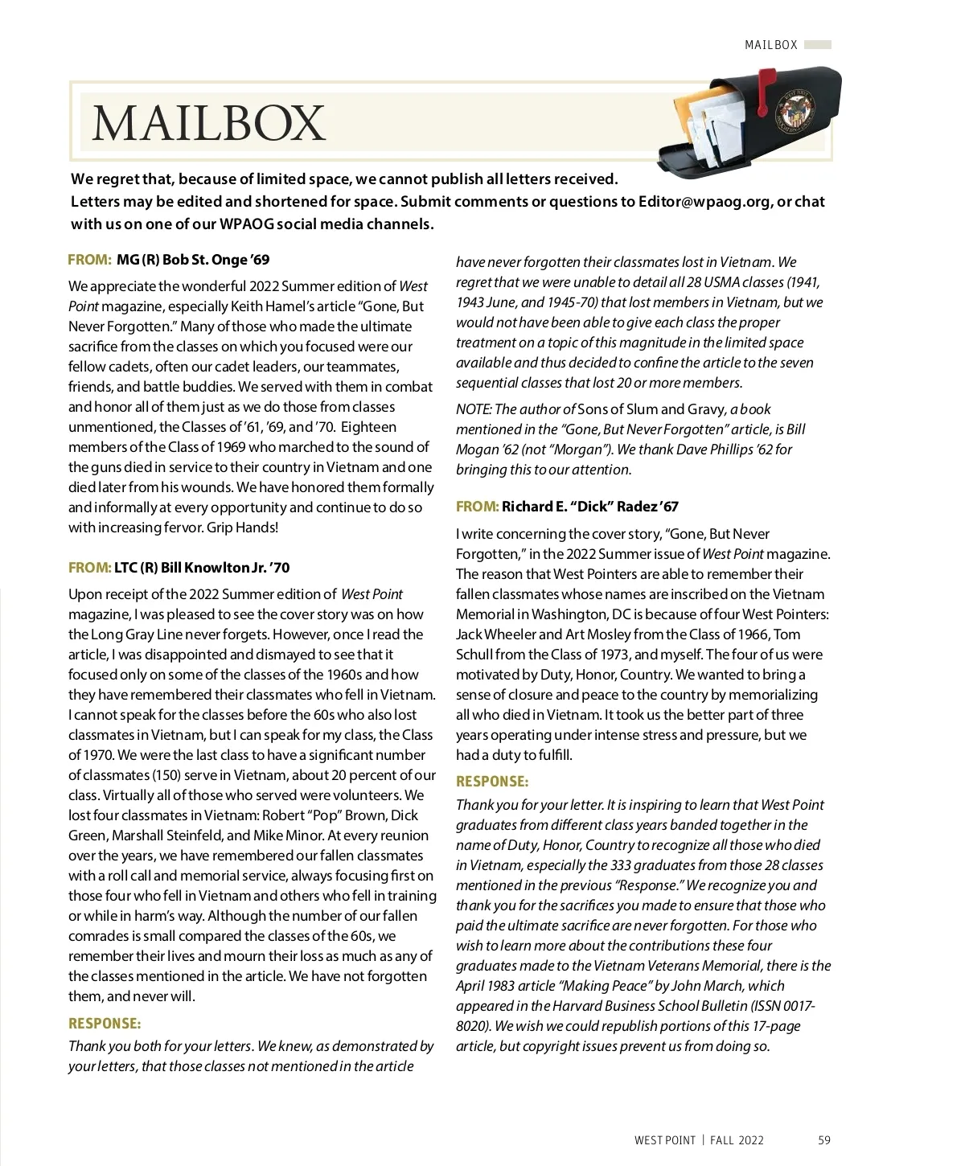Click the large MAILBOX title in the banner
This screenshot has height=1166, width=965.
tap(208, 123)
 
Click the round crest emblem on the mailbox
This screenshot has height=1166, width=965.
tap(796, 111)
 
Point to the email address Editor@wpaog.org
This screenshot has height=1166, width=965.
tap(704, 202)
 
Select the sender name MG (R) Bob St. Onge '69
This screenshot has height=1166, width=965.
tap(193, 260)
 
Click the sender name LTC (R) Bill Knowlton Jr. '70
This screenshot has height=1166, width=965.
tap(201, 568)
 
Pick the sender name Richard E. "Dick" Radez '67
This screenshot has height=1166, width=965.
tap(589, 507)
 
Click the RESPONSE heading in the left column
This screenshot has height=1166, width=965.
tap(105, 1024)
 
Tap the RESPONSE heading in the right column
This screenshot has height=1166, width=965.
tap(492, 782)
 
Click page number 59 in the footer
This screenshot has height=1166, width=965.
tap(824, 1140)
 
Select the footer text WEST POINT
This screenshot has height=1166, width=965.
tap(664, 1140)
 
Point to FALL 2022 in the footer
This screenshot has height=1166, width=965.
tap(737, 1140)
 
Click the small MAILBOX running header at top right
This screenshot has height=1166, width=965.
tap(770, 45)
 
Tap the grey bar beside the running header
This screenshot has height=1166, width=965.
tap(818, 45)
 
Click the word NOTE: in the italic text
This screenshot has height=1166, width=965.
tap(474, 409)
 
